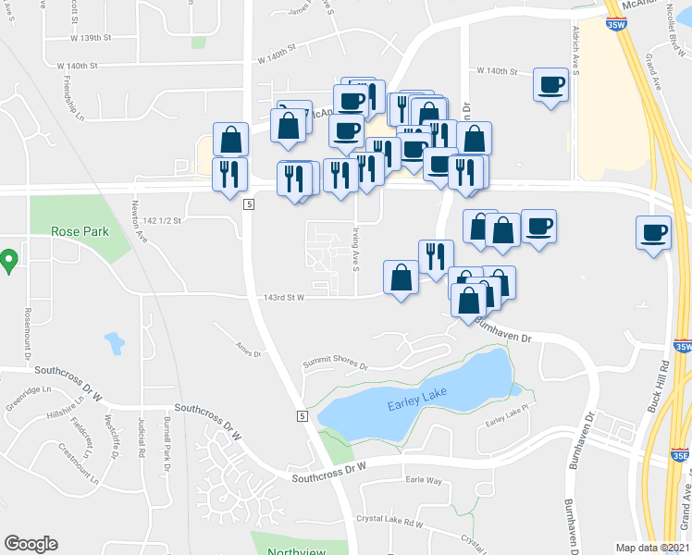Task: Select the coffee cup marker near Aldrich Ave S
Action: pos(550,86)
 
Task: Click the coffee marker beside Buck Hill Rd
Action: pos(653,231)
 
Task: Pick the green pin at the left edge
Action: pos(8,260)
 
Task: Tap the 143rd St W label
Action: pos(282,297)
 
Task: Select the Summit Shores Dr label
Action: pos(336,365)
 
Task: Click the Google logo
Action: pos(31,543)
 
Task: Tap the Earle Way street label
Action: pos(425,480)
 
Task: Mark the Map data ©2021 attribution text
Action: pos(652,547)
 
